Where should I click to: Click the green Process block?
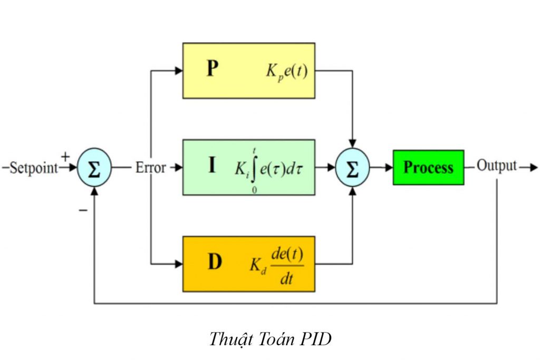[428, 168]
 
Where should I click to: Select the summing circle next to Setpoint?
[94, 168]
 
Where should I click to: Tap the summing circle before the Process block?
[352, 168]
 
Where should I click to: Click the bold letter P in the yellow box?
[212, 69]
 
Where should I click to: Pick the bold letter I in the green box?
[211, 166]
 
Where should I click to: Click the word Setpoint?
[33, 168]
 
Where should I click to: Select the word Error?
[150, 168]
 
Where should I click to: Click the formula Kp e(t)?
[286, 71]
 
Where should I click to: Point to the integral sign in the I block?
[255, 168]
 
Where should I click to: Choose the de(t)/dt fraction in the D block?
[286, 264]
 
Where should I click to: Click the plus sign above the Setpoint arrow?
[65, 157]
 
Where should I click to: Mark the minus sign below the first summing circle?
[83, 210]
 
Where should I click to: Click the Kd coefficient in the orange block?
[257, 265]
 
